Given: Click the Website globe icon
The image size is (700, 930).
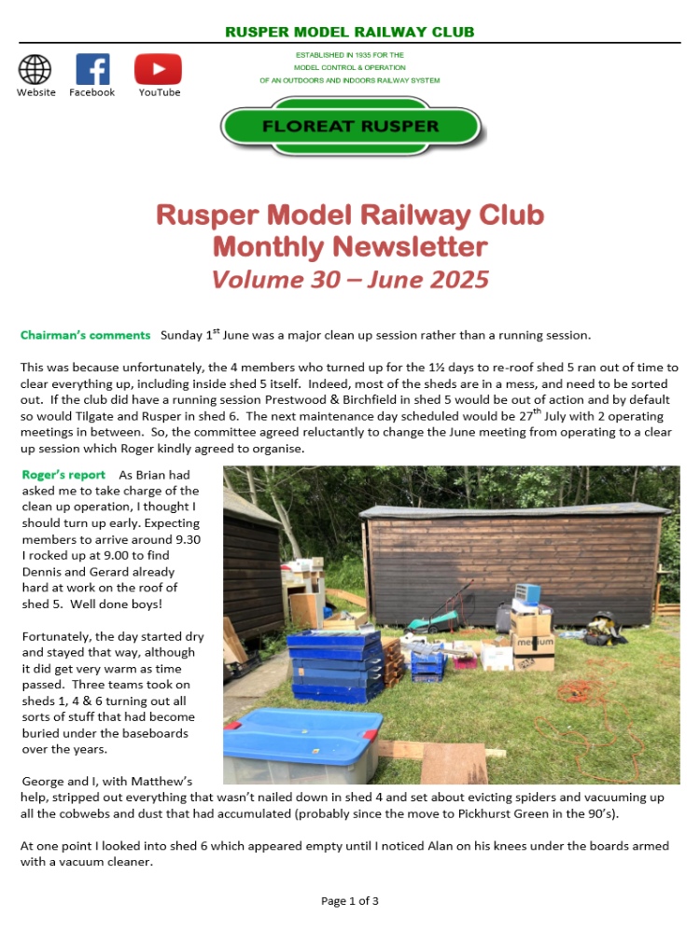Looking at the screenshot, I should click(x=35, y=69).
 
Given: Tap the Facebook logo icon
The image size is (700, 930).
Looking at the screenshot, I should click(x=92, y=69).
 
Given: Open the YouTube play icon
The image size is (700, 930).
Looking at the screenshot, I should click(x=158, y=69).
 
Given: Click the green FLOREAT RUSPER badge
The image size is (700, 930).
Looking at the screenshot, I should click(x=350, y=125).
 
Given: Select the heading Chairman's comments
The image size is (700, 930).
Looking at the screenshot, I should click(x=85, y=335).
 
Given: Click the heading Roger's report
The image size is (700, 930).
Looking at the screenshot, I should click(x=63, y=475).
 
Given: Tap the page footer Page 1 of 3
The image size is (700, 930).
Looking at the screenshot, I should click(x=350, y=900).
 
